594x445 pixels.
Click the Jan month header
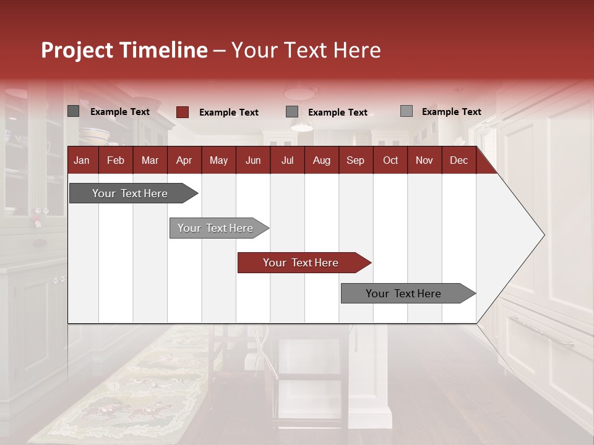(x=82, y=160)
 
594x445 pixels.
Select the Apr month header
(x=184, y=160)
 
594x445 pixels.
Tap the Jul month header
(x=287, y=160)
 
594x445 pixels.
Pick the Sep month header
(x=355, y=160)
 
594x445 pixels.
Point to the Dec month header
(x=458, y=160)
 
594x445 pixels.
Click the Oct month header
(x=390, y=160)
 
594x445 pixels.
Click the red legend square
(x=182, y=112)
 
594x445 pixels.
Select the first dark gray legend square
(x=73, y=111)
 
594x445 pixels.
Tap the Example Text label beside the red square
(x=229, y=112)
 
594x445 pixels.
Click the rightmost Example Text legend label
(x=451, y=112)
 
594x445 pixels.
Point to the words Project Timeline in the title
(x=124, y=50)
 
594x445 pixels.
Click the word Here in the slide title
(x=357, y=50)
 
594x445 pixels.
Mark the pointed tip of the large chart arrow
(x=543, y=235)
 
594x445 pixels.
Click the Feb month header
(x=116, y=160)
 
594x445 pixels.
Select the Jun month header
(x=252, y=160)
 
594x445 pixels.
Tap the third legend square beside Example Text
(x=292, y=112)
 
